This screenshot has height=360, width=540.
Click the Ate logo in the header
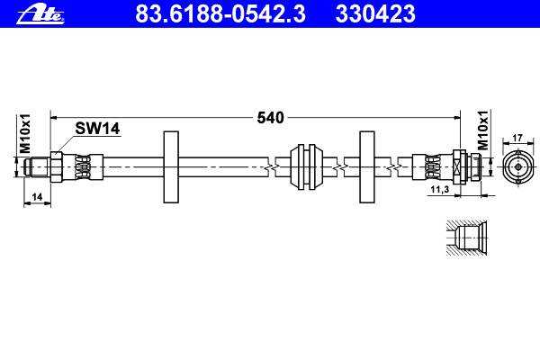40,13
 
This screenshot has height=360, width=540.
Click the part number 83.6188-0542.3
220,13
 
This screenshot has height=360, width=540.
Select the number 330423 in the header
375,13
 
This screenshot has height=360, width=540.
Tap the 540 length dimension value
271,118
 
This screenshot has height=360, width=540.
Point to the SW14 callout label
97,129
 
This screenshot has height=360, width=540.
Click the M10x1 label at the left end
25,133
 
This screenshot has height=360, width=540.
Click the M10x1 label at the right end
483,130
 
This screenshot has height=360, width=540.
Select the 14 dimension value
37,197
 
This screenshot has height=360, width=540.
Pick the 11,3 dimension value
440,189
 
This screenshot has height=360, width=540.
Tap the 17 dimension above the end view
517,138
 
